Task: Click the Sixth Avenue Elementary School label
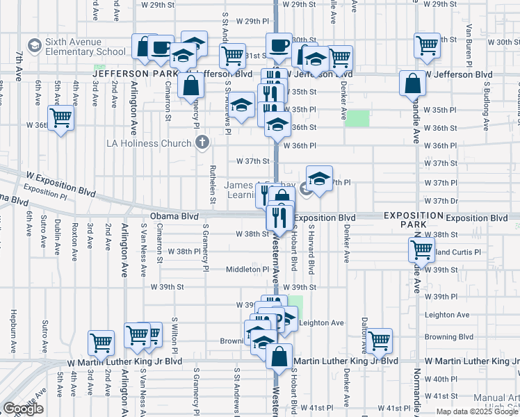[86, 47]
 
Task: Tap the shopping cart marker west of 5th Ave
[60, 118]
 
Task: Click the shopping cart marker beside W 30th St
[427, 45]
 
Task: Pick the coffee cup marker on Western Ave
[279, 45]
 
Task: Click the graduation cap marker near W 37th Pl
[319, 179]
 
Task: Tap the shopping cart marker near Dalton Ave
[379, 341]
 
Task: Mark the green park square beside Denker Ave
[358, 118]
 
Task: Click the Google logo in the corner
[23, 409]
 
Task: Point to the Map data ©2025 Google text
[476, 411]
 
